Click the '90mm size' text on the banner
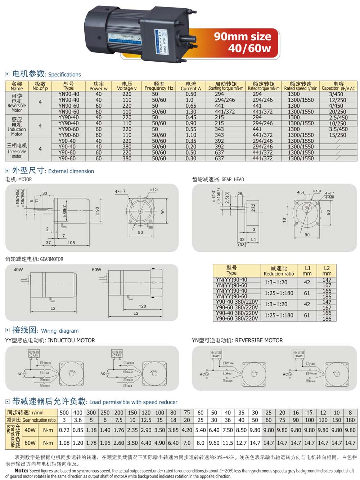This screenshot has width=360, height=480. pos(242,36)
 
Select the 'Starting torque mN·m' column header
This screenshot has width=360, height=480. pos(226,86)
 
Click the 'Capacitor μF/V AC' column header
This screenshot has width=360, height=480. pos(338,86)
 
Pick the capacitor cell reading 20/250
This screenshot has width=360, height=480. pos(338,112)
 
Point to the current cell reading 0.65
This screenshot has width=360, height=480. pos(191,106)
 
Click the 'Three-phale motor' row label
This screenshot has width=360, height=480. pos(17,149)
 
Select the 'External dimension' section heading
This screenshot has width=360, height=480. pos(71,171)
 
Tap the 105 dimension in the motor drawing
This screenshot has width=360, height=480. pos(71,243)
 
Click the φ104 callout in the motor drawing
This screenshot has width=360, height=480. pos(154,190)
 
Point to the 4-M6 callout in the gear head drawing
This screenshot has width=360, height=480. pos(329,197)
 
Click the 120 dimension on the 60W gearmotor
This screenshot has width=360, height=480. pos(142,306)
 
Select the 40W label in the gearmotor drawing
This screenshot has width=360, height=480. pos(18,270)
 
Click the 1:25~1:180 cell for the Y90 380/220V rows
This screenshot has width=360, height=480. pos(279,315)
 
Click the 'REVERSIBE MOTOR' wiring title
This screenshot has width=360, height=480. pos(259,340)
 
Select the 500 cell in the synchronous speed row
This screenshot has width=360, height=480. pos(64,413)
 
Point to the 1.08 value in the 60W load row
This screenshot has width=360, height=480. pos(64,443)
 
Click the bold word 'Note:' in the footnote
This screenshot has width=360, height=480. pos(21,470)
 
